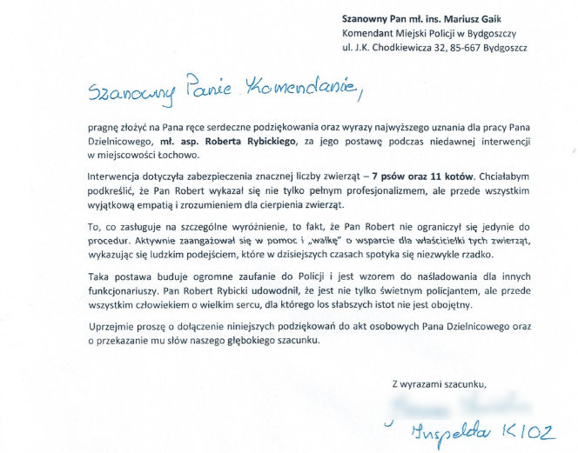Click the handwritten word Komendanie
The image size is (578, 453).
tap(288, 87)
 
